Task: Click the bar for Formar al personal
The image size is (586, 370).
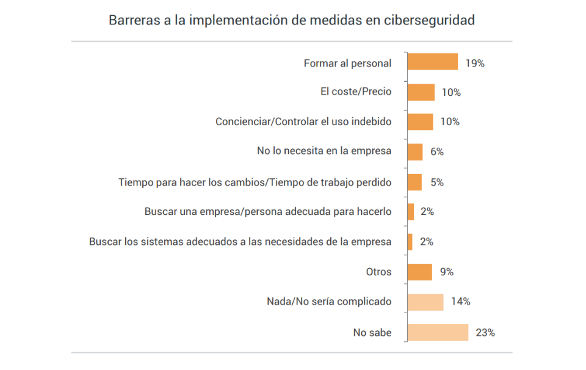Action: point(432,62)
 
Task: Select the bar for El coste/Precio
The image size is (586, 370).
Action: point(421,92)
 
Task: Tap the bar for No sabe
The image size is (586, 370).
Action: point(437,333)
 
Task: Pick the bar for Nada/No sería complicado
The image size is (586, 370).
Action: point(425,302)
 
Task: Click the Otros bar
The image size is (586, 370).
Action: point(420,272)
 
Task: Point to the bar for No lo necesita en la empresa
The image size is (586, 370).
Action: point(415,152)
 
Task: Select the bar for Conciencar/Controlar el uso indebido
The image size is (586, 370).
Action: point(421,122)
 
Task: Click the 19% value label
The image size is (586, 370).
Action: point(474,63)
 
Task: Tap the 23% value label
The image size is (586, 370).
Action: point(485,333)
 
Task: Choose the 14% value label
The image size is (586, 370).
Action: point(460,302)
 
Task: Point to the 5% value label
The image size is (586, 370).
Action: point(436,182)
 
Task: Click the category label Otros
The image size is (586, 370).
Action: point(378,272)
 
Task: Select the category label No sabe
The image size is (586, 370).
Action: point(372,333)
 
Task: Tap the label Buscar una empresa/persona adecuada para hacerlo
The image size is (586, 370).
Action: point(268,212)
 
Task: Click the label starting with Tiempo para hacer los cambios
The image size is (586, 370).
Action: point(255,182)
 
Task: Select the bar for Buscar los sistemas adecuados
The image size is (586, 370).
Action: point(410,242)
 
